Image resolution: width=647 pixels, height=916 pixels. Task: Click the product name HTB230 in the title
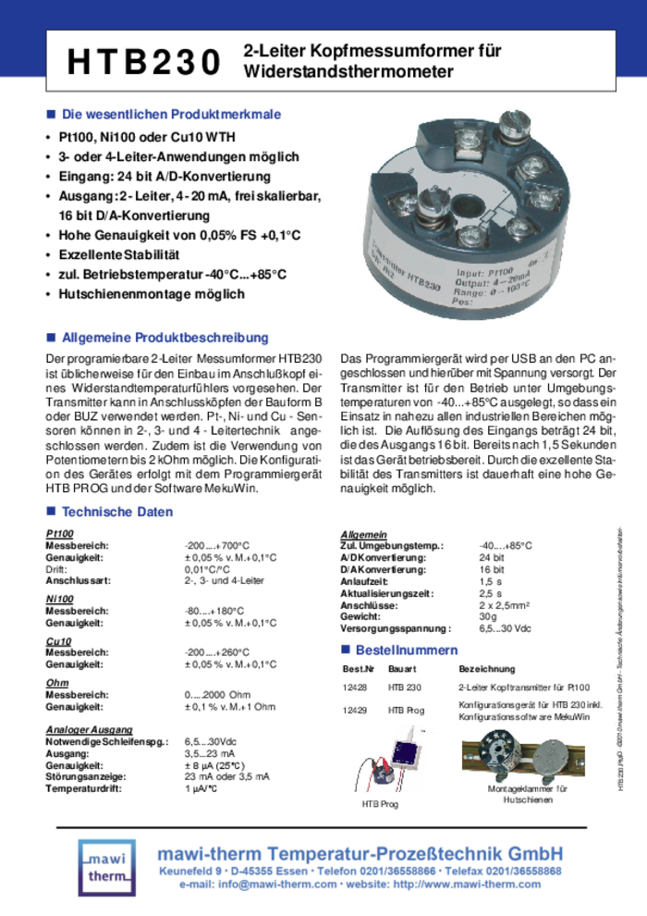[144, 62]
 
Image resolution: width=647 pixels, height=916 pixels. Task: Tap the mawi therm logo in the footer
[107, 867]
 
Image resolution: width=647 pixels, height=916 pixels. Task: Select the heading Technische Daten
[116, 512]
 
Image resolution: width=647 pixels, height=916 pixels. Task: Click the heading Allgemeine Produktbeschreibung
[165, 338]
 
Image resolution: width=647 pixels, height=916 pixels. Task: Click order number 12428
[355, 687]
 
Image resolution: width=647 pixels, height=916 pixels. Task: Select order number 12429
[355, 710]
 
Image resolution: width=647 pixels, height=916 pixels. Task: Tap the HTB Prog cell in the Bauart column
[407, 710]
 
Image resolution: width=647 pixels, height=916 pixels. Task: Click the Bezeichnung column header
[486, 668]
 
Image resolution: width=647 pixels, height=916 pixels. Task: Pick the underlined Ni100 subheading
[59, 600]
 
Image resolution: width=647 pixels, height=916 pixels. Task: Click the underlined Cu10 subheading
[58, 641]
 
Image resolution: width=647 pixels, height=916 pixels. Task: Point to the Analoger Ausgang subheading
[89, 730]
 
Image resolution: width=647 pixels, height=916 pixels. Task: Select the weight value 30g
[487, 616]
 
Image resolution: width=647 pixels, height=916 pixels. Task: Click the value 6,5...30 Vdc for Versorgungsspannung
[505, 628]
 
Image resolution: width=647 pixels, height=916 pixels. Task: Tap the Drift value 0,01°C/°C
[209, 570]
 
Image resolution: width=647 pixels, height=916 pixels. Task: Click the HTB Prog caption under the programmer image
[380, 805]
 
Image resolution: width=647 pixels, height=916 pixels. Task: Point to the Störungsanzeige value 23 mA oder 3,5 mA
[226, 777]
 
